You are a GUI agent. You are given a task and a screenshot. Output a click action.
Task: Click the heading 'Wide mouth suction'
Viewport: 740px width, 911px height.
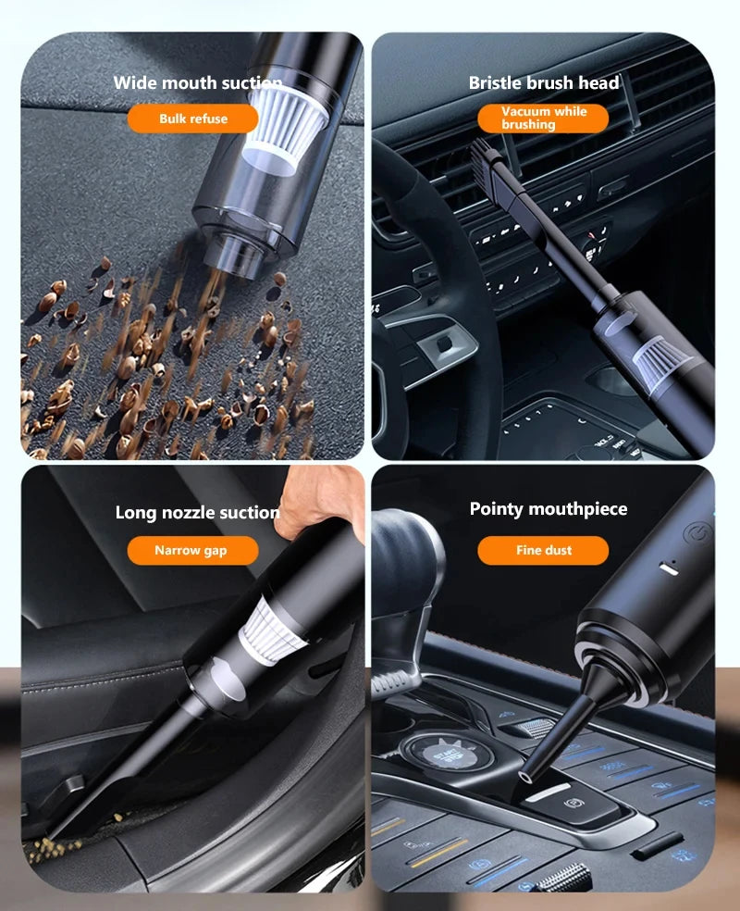pos(197,83)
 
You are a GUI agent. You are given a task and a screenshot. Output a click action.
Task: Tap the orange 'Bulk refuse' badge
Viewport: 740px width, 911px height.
pos(192,119)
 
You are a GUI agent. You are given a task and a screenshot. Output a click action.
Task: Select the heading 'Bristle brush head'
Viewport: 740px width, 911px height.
pos(544,83)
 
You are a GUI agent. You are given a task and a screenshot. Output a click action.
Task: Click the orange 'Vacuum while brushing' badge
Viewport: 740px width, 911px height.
pos(544,118)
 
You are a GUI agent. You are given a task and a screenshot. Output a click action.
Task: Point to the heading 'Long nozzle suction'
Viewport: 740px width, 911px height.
pos(197,513)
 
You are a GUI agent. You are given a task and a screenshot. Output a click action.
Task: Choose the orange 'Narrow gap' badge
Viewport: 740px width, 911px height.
pos(191,550)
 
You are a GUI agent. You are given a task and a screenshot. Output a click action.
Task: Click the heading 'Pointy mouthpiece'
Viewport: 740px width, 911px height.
pos(548,509)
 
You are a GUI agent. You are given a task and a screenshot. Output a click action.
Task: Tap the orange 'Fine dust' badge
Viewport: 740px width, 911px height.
pos(544,550)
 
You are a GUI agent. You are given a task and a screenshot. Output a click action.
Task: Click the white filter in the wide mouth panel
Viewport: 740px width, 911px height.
pos(287,128)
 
